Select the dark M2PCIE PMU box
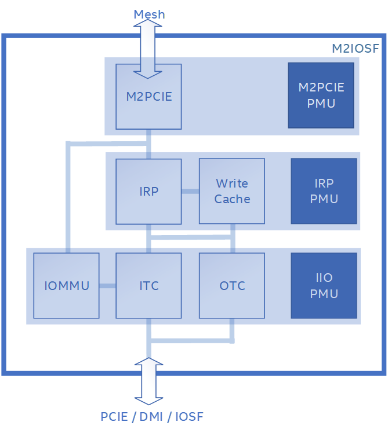pos(321,95)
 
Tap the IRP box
pos(148,191)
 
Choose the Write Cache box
pos(232,191)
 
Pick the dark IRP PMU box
pos(324,191)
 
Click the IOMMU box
pos(66,285)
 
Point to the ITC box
pos(148,285)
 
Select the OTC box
pos(232,285)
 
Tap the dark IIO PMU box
pos(324,285)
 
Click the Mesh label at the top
pos(149,14)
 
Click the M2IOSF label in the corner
pos(355,49)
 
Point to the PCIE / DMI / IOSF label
pos(152,417)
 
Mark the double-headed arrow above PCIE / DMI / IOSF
pos(149,380)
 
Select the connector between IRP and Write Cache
pos(190,191)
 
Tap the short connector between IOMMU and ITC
pos(107,285)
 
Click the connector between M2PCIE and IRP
pos(149,145)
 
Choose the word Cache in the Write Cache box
pos(232,199)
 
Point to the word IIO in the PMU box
pos(324,278)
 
